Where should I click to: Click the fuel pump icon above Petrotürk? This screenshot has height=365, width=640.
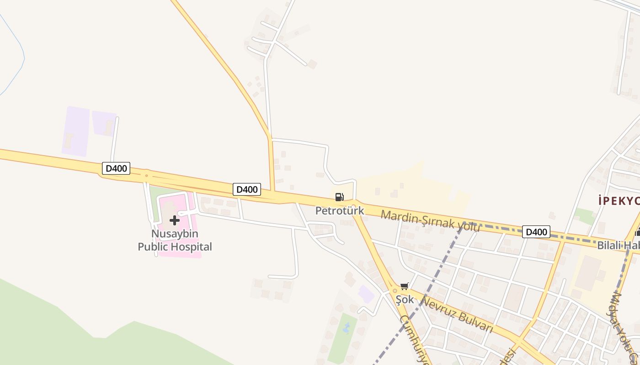tap(339, 197)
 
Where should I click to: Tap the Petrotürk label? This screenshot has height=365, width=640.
tap(340, 211)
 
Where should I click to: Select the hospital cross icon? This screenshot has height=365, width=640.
tap(174, 221)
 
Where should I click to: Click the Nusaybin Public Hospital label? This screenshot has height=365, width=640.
tap(175, 240)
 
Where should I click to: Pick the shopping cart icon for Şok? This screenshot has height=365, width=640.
tap(404, 287)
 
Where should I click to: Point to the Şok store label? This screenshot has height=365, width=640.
tap(405, 300)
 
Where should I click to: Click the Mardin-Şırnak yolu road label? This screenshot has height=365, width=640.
tap(430, 221)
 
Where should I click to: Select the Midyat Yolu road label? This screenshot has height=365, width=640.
tap(622, 326)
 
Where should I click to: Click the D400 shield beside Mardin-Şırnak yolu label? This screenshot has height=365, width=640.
tap(536, 232)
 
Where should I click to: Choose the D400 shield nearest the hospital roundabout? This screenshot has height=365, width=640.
tap(116, 168)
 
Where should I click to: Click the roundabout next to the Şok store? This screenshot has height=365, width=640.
tap(395, 291)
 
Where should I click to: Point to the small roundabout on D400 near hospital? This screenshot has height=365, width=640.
tap(146, 175)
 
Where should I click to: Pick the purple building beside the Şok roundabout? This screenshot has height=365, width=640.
tap(366, 294)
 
